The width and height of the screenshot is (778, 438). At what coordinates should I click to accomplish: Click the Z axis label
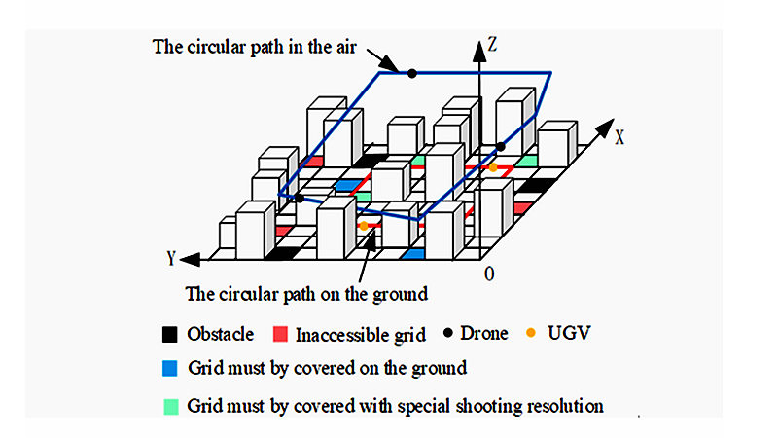pyautogui.click(x=495, y=43)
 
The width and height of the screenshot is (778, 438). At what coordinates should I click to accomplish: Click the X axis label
pyautogui.click(x=619, y=136)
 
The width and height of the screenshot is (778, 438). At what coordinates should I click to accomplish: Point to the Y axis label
pyautogui.click(x=172, y=258)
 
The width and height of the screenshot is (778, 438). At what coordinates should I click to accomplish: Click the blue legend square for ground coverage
pyautogui.click(x=171, y=369)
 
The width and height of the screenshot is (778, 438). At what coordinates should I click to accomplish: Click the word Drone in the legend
pyautogui.click(x=483, y=334)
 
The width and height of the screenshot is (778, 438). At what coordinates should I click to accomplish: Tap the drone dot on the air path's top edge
pyautogui.click(x=412, y=73)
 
